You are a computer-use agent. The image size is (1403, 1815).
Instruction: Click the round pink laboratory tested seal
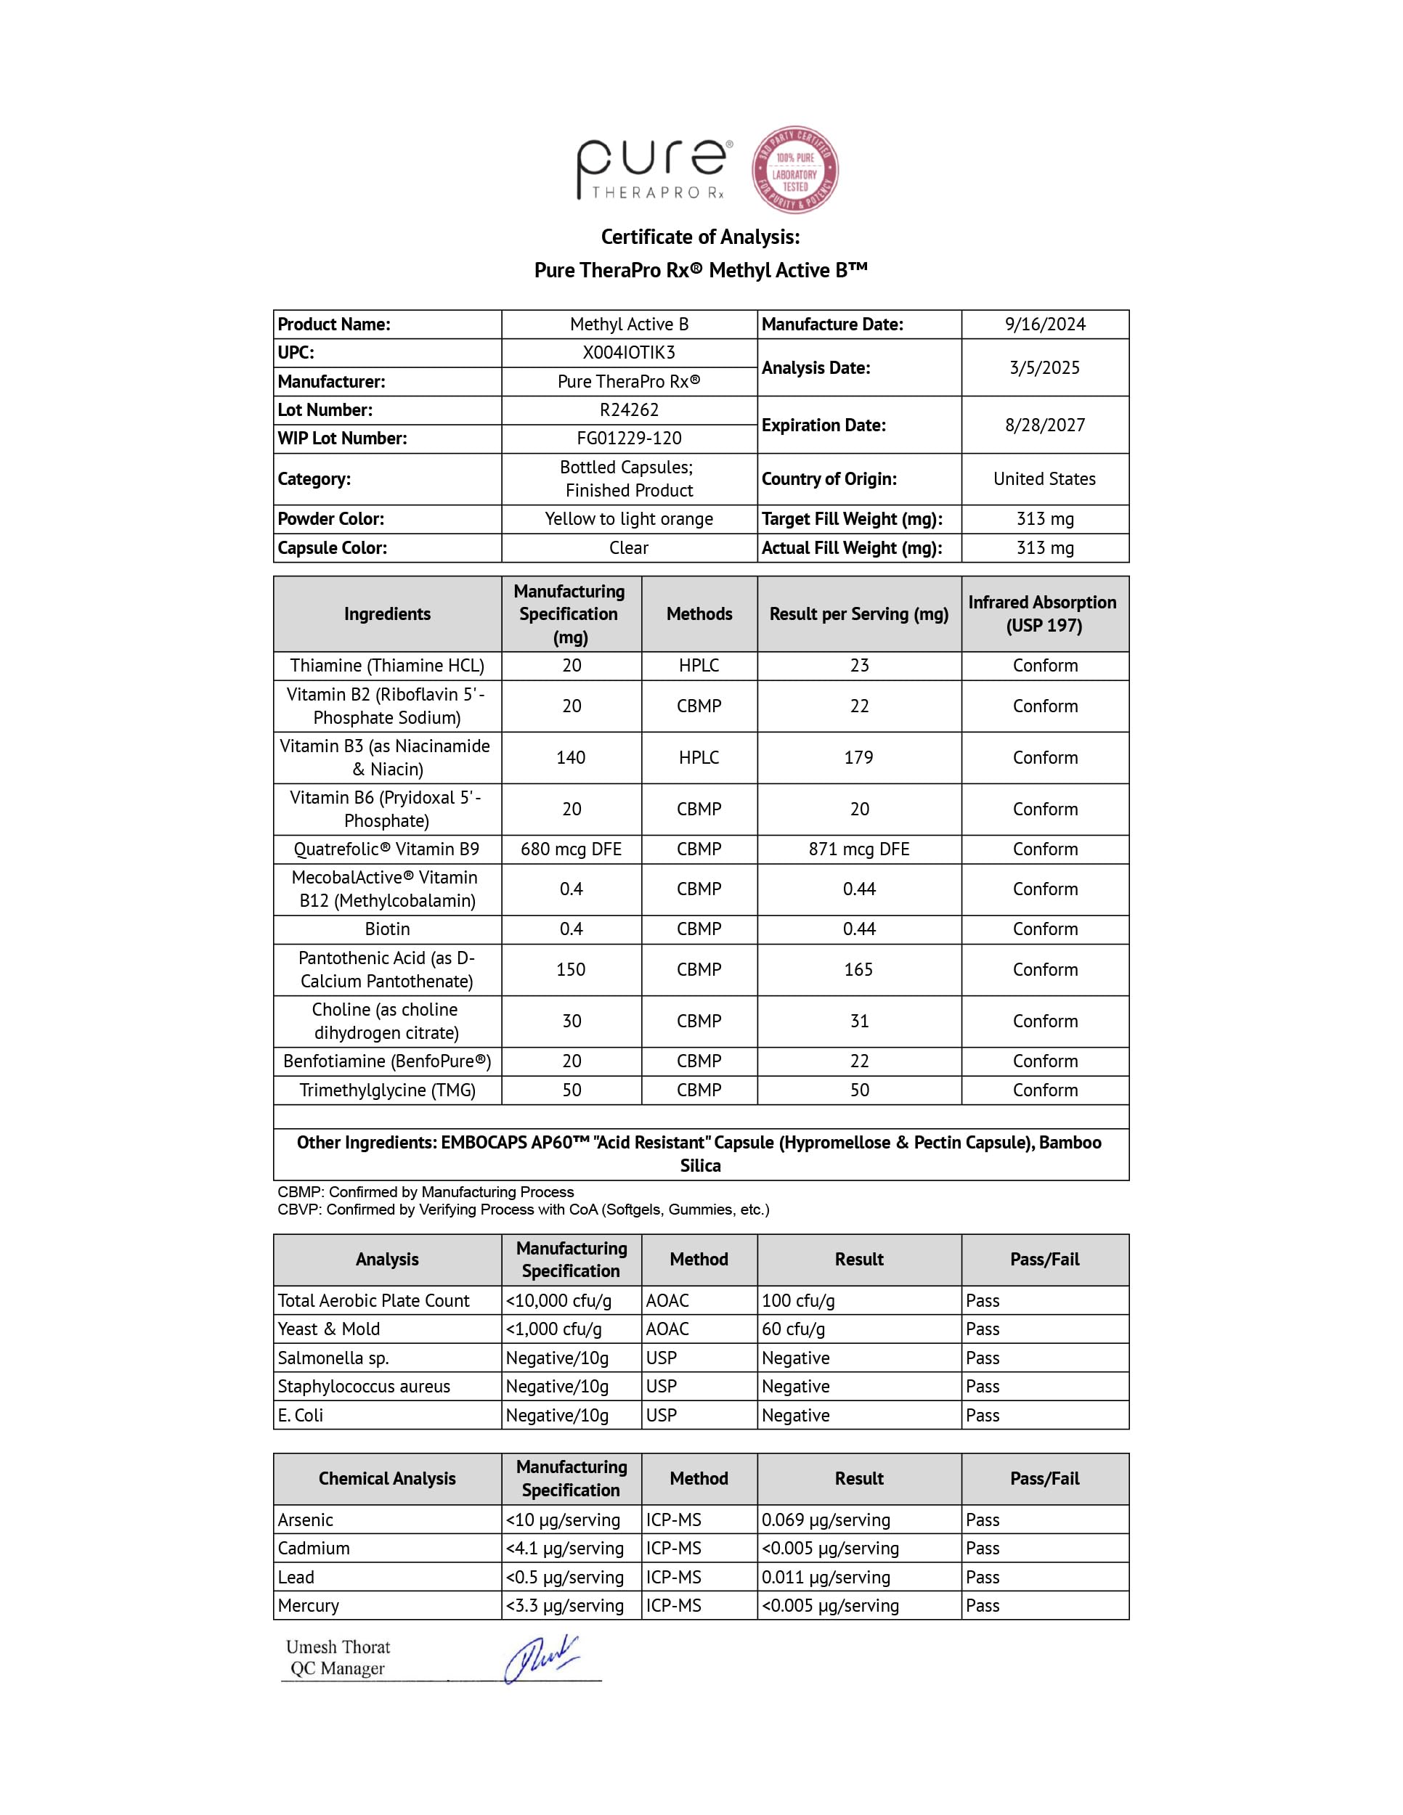794,171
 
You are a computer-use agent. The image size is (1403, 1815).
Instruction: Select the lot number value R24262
629,409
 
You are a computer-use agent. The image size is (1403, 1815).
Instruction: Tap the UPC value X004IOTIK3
629,352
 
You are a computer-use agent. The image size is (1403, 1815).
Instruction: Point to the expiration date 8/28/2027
1045,425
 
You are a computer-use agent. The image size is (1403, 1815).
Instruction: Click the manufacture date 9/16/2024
1045,324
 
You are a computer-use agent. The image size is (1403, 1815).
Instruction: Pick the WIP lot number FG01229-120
629,438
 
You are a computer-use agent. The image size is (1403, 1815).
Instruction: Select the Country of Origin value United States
1045,478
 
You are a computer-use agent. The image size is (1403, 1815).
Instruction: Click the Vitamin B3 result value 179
858,757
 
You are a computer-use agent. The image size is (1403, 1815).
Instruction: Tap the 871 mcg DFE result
858,849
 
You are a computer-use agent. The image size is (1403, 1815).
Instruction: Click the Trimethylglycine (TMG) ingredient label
387,1090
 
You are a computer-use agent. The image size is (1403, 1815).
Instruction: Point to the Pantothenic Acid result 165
858,969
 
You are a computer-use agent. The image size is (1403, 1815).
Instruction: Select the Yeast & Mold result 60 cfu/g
794,1329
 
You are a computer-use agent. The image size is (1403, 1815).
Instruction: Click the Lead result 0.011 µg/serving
826,1576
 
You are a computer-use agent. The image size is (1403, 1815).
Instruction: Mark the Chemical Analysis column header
387,1477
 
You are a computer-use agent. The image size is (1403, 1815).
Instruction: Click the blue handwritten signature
541,1658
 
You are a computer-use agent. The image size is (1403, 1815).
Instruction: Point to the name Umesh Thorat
338,1647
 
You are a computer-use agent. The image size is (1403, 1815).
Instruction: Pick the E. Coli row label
301,1414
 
